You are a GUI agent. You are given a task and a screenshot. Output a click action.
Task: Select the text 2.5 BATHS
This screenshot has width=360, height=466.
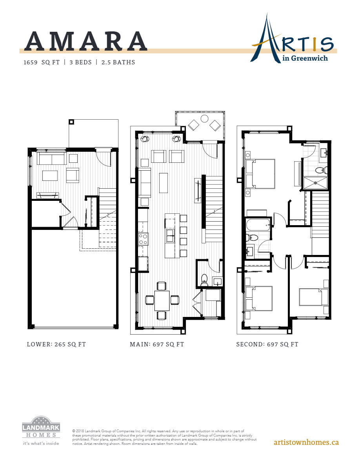tap(118, 62)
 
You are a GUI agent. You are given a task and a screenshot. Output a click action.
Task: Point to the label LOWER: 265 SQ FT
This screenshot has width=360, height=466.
tap(56, 344)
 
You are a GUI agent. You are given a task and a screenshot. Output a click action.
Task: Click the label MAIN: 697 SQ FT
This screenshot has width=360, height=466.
tap(157, 344)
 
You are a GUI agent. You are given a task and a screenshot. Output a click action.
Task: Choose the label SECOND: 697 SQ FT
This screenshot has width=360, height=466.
tap(267, 344)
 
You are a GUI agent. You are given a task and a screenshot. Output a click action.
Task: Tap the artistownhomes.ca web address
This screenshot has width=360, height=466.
tap(306, 442)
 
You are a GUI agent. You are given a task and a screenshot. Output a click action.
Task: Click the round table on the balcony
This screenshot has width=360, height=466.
tap(204, 118)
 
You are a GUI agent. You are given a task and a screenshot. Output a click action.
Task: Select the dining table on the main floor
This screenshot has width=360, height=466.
tap(162, 300)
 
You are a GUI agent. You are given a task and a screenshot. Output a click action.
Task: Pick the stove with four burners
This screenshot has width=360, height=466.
tap(143, 238)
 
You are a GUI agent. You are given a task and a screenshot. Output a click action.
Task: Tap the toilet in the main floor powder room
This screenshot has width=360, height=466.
tap(204, 279)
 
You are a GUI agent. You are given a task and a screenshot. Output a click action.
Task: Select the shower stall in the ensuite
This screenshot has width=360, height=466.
tap(315, 182)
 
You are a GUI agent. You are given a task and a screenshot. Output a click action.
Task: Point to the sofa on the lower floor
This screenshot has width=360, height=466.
tap(51, 159)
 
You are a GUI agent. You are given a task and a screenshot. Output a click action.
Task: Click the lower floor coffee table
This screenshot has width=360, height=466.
tap(50, 175)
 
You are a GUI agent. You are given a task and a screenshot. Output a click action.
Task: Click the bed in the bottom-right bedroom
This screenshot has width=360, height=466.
tap(314, 297)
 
